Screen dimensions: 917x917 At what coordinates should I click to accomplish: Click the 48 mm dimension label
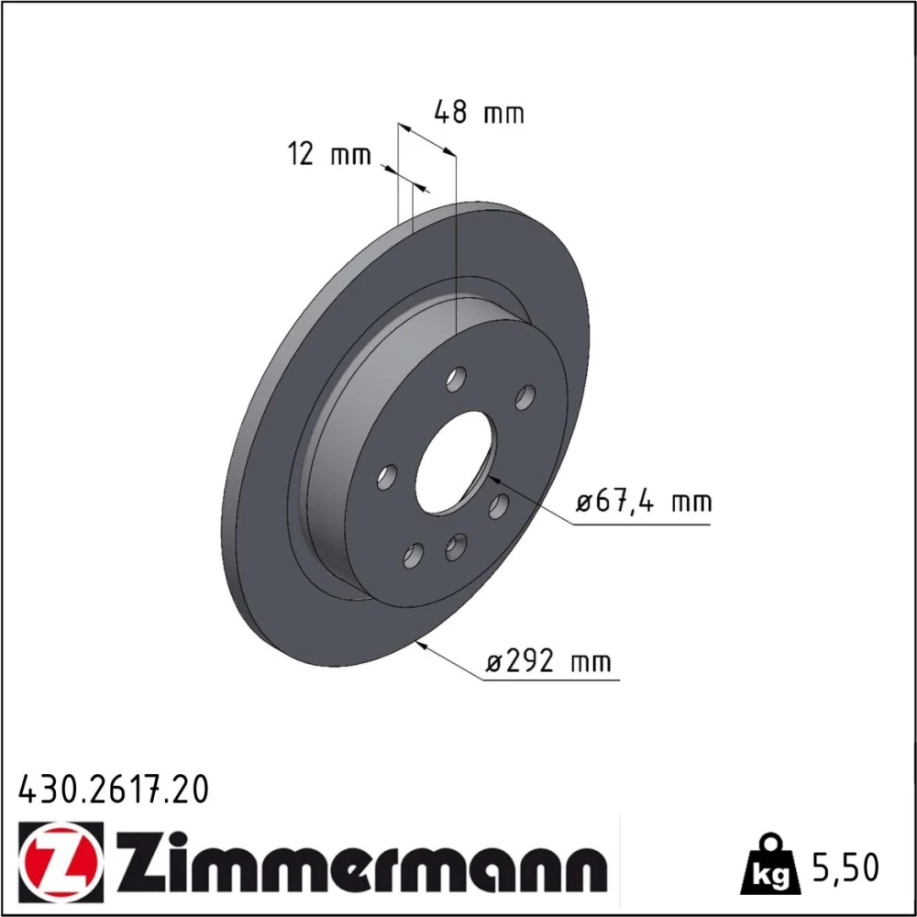[x=479, y=112]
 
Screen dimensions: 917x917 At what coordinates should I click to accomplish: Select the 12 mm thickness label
[x=330, y=154]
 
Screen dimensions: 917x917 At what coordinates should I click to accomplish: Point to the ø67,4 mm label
[x=644, y=502]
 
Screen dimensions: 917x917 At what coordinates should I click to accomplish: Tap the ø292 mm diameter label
[x=548, y=661]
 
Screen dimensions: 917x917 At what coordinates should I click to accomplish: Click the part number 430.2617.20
[x=114, y=790]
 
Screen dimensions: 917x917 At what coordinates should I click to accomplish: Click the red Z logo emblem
[x=61, y=858]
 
